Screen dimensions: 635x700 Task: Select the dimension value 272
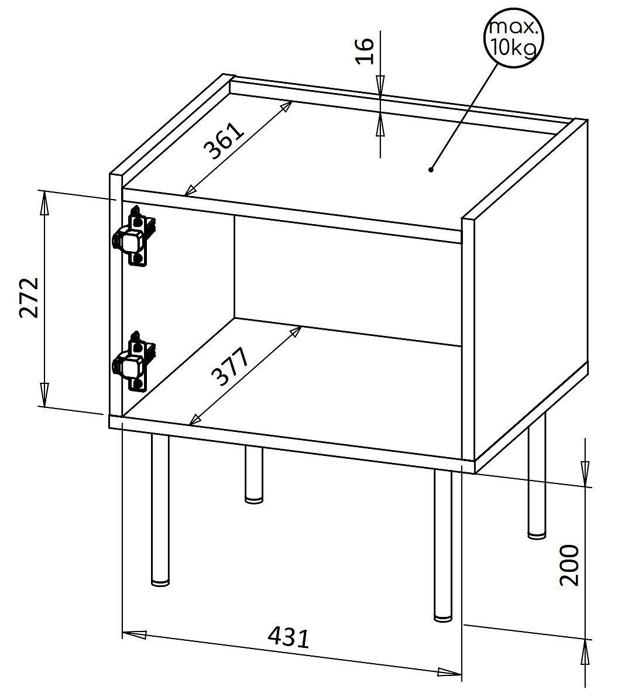coord(30,297)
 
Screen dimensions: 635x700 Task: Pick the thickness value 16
coord(365,52)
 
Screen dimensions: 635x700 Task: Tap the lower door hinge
coord(133,361)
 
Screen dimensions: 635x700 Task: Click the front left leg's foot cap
coord(160,582)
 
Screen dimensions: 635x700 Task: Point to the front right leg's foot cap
coord(443,618)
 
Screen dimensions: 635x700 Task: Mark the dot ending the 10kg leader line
coord(431,169)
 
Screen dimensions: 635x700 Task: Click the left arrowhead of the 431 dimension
coord(135,634)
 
